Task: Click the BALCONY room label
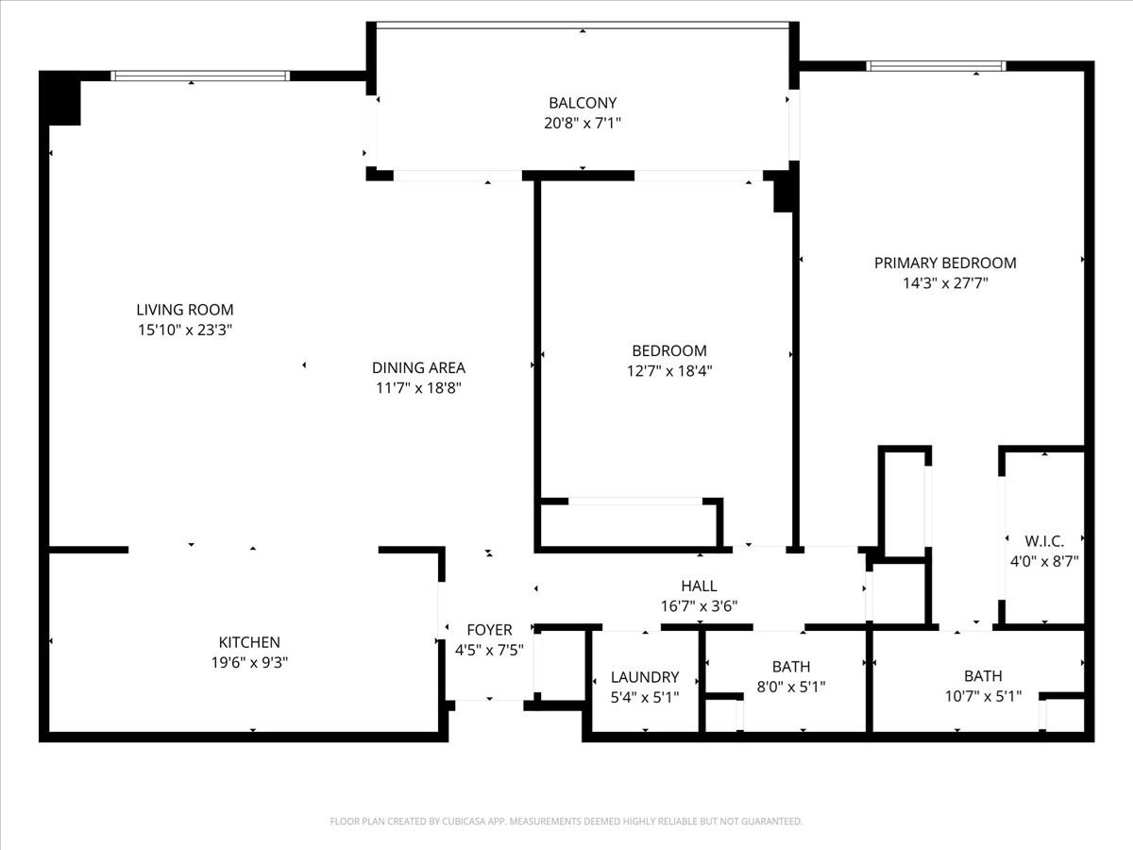(583, 102)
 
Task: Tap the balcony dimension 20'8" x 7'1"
(583, 123)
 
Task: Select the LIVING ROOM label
(185, 309)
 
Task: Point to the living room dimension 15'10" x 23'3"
(185, 330)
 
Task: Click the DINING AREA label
(418, 367)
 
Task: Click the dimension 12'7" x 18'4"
(669, 370)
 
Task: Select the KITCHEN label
(249, 642)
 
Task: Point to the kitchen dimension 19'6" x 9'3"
(249, 662)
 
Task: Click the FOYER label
(489, 629)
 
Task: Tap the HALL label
(699, 586)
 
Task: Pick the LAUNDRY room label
(645, 676)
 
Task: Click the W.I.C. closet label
(1044, 540)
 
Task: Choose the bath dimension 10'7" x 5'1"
(983, 697)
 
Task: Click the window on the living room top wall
(199, 76)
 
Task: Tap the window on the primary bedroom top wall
(936, 66)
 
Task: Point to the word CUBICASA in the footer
(466, 822)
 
